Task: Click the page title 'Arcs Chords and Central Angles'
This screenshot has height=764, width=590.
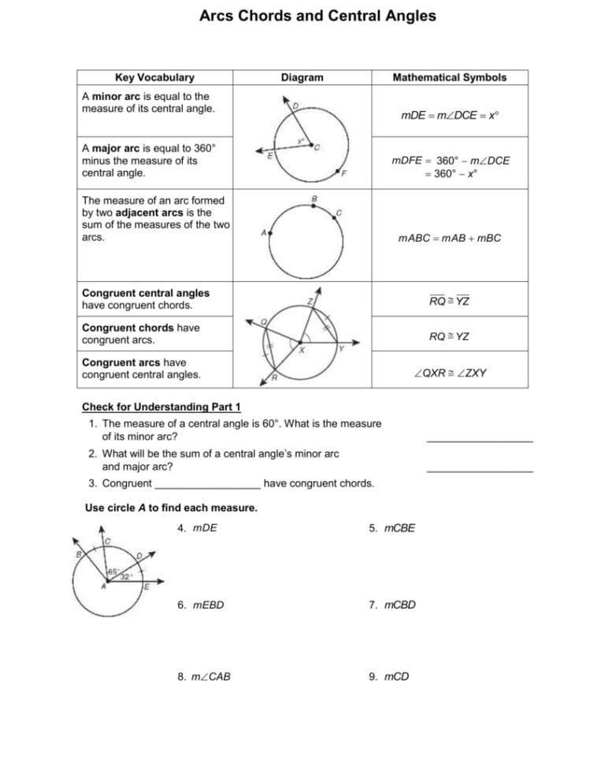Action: tap(317, 16)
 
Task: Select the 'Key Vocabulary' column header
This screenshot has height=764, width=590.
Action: tap(154, 77)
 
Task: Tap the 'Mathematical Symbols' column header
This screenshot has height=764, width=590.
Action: tap(449, 77)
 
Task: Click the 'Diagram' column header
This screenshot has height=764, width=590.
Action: tap(302, 77)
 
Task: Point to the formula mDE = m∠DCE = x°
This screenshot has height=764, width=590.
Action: tap(450, 115)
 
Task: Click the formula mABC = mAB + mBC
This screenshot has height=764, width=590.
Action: tap(450, 238)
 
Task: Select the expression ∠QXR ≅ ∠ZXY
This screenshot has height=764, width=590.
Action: tap(450, 373)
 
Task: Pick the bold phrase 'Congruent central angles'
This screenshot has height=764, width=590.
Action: tap(146, 293)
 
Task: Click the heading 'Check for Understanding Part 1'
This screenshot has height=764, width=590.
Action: tap(161, 406)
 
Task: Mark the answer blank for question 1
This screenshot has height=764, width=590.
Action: tap(479, 440)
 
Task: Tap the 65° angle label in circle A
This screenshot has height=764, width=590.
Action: tap(113, 571)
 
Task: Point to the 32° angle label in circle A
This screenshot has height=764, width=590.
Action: tap(124, 577)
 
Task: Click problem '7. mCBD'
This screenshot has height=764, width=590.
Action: tap(391, 605)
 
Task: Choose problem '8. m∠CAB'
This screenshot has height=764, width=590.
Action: tap(204, 677)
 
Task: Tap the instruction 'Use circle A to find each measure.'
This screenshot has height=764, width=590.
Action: tap(171, 508)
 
